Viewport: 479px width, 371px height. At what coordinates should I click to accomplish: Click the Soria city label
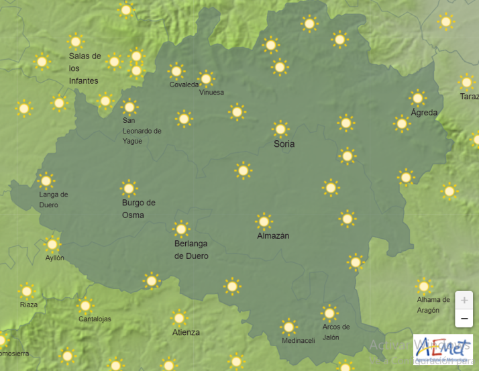pyautogui.click(x=284, y=144)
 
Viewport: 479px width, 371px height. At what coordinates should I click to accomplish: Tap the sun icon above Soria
pyautogui.click(x=280, y=129)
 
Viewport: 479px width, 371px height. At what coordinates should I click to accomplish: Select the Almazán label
pyautogui.click(x=273, y=236)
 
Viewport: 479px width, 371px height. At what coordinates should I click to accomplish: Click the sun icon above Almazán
pyautogui.click(x=264, y=221)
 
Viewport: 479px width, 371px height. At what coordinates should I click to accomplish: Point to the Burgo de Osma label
pyautogui.click(x=138, y=209)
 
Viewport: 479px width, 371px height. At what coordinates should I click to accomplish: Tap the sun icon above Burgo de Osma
pyautogui.click(x=129, y=188)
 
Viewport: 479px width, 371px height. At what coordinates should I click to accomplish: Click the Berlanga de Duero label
pyautogui.click(x=191, y=250)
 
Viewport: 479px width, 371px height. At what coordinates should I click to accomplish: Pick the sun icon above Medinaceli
pyautogui.click(x=288, y=327)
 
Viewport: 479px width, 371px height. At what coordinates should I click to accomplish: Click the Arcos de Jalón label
pyautogui.click(x=335, y=332)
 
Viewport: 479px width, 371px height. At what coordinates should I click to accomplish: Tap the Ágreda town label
pyautogui.click(x=424, y=113)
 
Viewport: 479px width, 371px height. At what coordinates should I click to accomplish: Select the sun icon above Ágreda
pyautogui.click(x=418, y=98)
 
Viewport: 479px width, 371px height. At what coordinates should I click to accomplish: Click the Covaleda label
pyautogui.click(x=184, y=85)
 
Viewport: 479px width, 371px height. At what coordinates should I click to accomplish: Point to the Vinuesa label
pyautogui.click(x=211, y=93)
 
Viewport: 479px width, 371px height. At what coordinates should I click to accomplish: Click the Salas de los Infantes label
pyautogui.click(x=85, y=68)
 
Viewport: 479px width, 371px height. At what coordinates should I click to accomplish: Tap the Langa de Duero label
pyautogui.click(x=54, y=199)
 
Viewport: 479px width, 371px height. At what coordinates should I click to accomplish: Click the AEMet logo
pyautogui.click(x=442, y=349)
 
